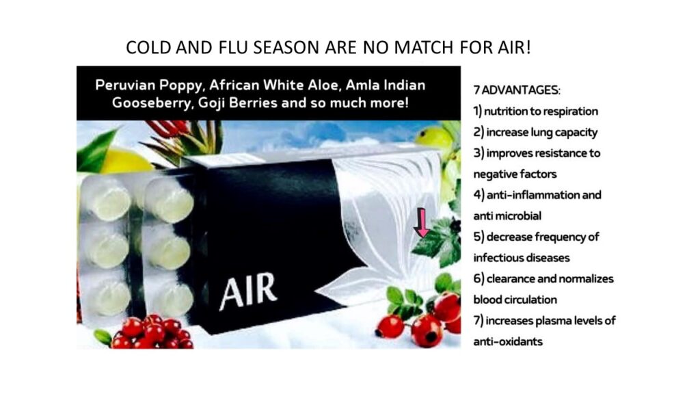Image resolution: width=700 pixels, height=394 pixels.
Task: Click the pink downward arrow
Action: pyautogui.click(x=421, y=222)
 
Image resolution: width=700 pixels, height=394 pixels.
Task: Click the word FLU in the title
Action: pyautogui.click(x=233, y=47)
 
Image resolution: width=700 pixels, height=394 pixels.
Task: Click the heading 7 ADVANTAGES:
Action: pyautogui.click(x=517, y=90)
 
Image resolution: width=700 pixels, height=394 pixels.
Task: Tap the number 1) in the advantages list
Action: pyautogui.click(x=478, y=111)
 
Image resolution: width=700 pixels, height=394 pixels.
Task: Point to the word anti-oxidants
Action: pyautogui.click(x=508, y=341)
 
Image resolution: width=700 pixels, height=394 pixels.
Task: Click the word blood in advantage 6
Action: pyautogui.click(x=487, y=300)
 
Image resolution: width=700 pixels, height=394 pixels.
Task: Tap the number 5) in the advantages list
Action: pyautogui.click(x=479, y=236)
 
